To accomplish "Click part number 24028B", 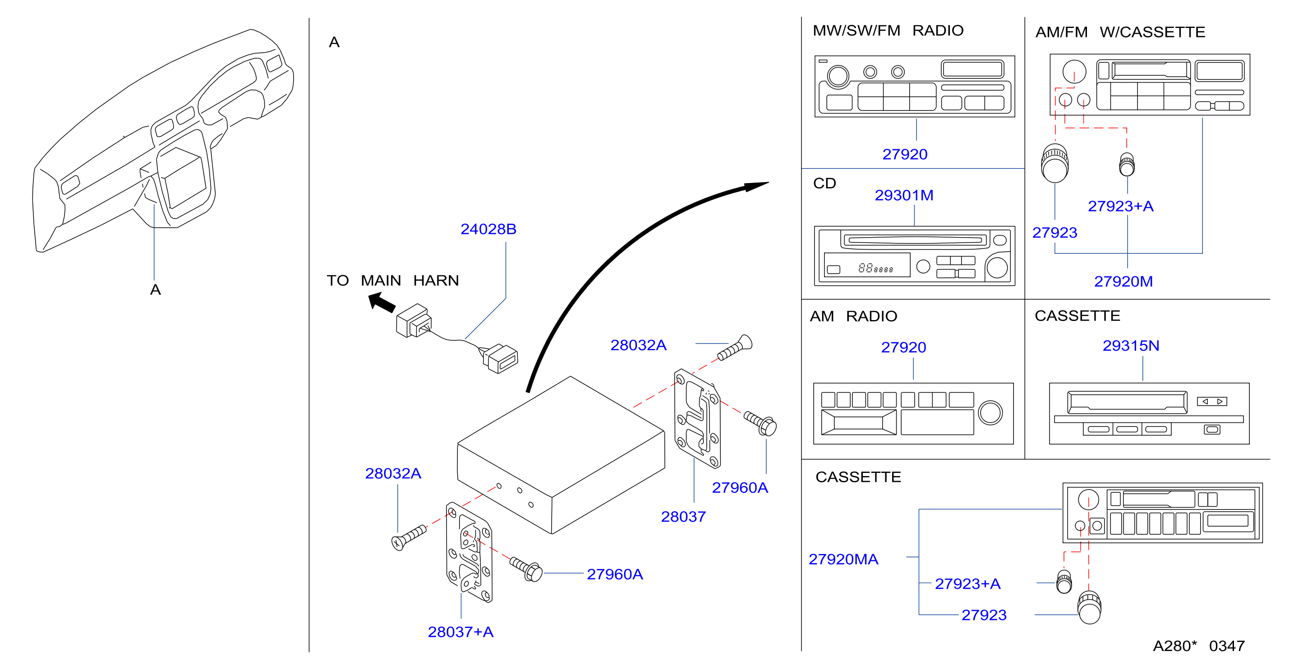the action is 488,229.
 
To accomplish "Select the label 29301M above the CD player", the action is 904,195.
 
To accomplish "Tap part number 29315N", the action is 1131,345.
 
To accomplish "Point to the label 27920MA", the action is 843,559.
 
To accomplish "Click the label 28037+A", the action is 460,632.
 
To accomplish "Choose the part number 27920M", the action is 1123,281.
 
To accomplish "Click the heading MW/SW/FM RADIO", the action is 888,30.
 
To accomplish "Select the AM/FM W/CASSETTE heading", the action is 1120,32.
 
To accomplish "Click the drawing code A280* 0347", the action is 1199,646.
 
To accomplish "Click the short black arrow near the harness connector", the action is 382,302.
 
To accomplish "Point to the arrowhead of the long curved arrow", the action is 757,186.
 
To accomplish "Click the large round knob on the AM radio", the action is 990,412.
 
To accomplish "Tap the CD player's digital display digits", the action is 875,268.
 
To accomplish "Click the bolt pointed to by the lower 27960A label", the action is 526,569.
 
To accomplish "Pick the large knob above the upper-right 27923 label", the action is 1054,163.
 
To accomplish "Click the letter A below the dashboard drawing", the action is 155,290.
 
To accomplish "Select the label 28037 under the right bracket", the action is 683,516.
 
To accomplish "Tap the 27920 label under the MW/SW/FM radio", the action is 904,154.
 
